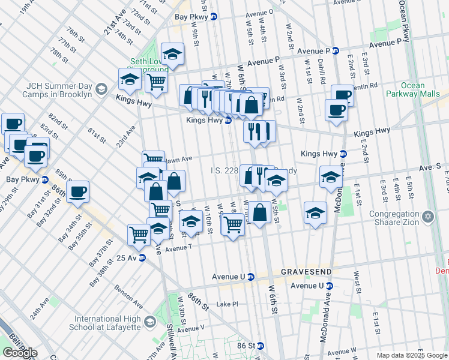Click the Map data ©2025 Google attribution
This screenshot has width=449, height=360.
tap(412, 355)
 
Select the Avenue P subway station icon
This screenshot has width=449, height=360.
tap(336, 51)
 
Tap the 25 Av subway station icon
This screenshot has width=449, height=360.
tap(142, 258)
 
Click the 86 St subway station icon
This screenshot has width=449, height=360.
tap(261, 346)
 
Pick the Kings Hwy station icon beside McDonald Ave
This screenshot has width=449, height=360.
tap(343, 154)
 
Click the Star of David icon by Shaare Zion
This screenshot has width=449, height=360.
tap(427, 215)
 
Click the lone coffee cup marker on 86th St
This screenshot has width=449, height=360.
tap(77, 193)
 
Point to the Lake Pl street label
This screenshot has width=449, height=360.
tap(228, 304)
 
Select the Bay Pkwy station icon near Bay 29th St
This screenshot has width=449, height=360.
tap(45, 179)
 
